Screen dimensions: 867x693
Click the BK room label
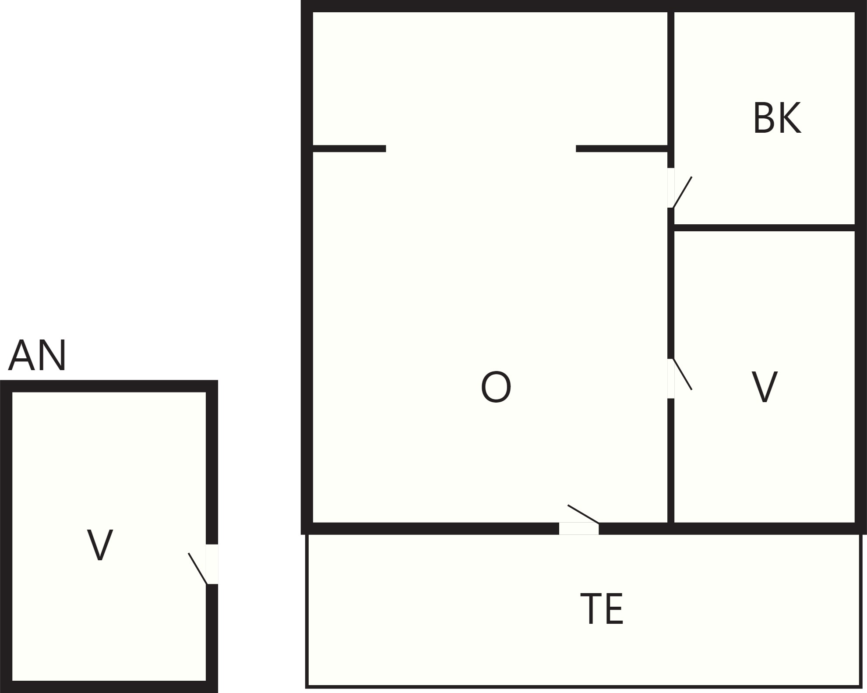pos(777,118)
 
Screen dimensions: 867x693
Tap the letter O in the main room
pos(496,387)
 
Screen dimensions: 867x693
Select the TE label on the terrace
pos(602,609)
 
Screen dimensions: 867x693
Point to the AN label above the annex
pos(37,355)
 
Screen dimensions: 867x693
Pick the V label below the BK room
pos(765,387)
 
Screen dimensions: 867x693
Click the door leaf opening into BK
pos(682,192)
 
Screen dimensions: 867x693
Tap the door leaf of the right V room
pos(682,374)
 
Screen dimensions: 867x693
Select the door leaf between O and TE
pos(583,514)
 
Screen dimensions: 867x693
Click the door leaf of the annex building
pos(197,569)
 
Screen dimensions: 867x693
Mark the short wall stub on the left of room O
pos(349,148)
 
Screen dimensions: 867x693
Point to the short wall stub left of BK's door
pos(622,148)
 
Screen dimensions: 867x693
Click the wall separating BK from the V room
pos(765,228)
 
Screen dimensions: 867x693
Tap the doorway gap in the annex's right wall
pos(212,564)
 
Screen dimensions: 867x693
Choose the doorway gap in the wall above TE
pos(579,529)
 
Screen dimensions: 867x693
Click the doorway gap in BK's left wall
pos(671,187)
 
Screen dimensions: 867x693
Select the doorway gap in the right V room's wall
pos(671,378)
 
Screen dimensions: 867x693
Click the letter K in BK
pos(790,118)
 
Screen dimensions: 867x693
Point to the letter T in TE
pos(591,609)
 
